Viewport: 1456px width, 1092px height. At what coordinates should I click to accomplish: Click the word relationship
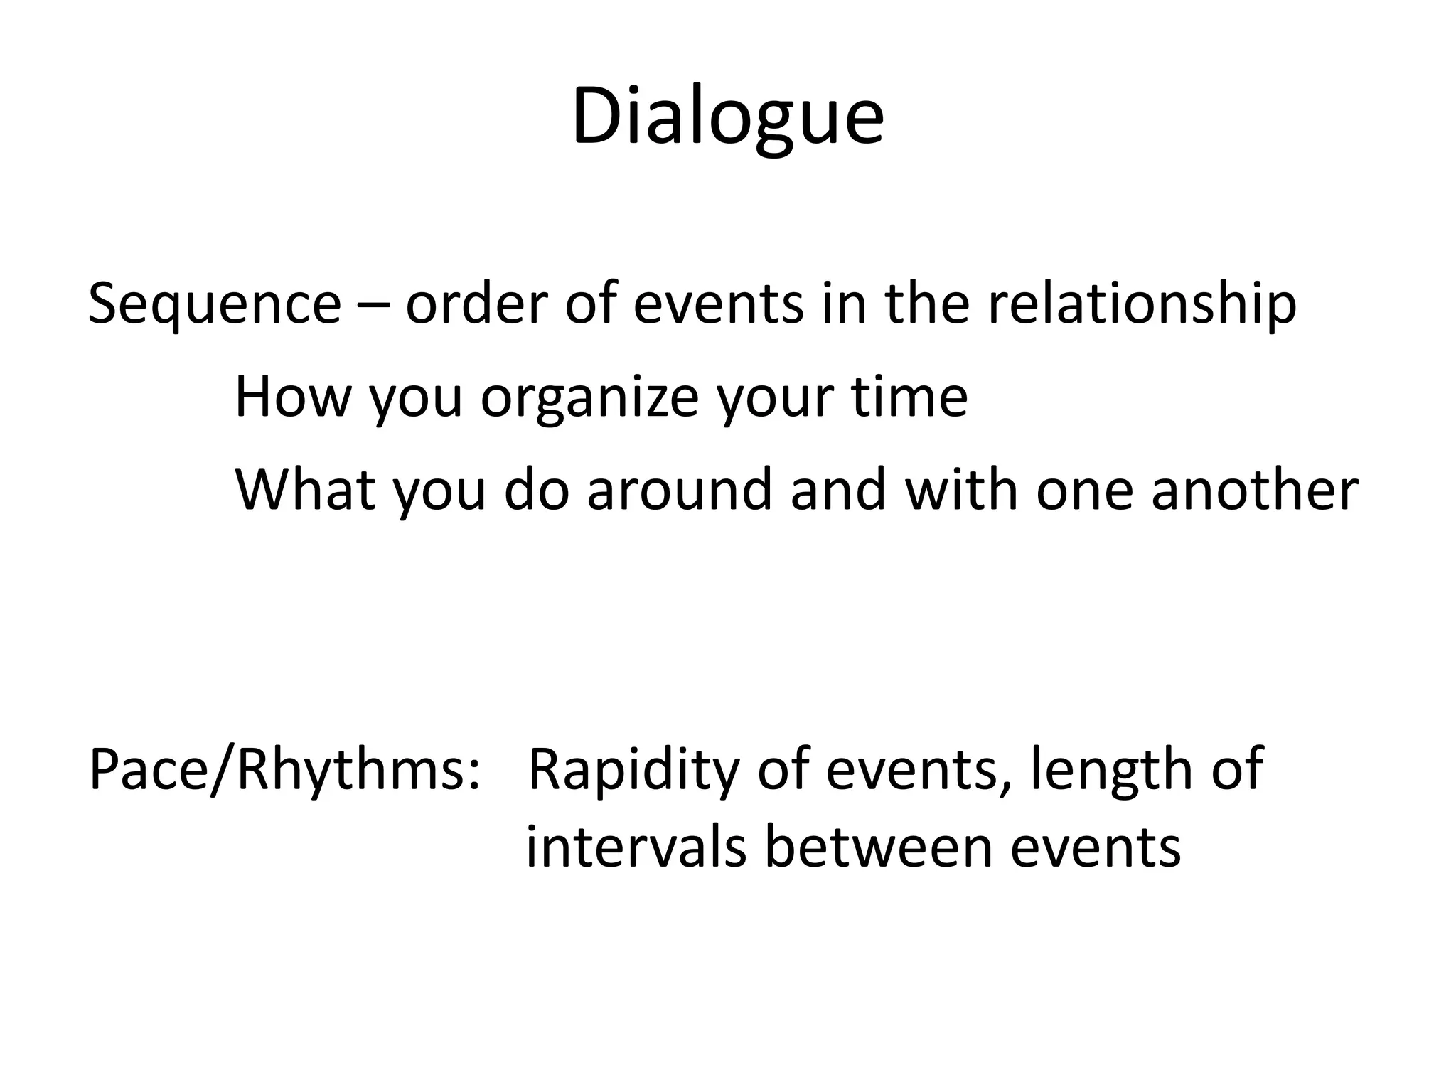pos(1142,304)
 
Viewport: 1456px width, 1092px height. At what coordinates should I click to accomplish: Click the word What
pos(305,490)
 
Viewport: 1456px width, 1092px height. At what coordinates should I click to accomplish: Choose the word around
pos(679,490)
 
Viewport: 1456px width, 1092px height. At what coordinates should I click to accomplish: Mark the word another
pos(1255,490)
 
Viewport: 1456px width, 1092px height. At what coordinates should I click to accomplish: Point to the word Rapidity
pos(633,771)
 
